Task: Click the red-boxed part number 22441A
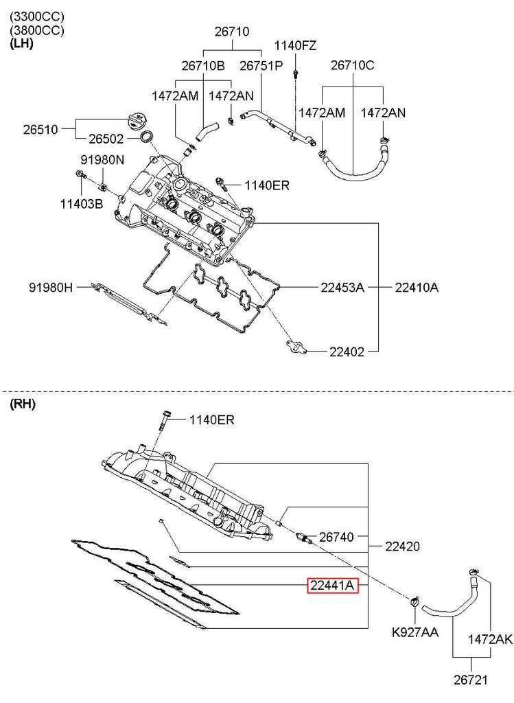(333, 585)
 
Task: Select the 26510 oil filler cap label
(40, 130)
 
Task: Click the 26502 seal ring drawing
(146, 137)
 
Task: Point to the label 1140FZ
(295, 45)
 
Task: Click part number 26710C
(353, 65)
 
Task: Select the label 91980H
(51, 287)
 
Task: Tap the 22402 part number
(347, 352)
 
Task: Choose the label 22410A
(417, 287)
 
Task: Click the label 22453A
(342, 287)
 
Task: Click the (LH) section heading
(21, 43)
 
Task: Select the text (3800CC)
(37, 30)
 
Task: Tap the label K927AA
(415, 632)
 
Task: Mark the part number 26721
(471, 680)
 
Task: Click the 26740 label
(336, 537)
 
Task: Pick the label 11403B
(82, 204)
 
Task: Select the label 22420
(402, 546)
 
